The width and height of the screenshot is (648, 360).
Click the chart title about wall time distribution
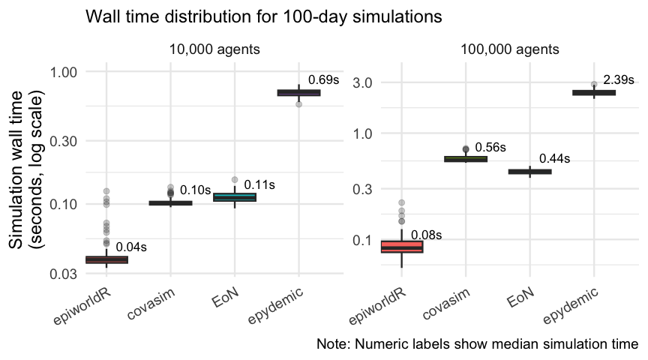coord(264,17)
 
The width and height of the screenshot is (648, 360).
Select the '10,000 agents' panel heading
coord(214,49)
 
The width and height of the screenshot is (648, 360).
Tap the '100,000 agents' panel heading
coord(509,49)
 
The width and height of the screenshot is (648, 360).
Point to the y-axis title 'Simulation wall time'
coord(16,170)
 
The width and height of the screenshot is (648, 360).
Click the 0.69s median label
coord(323,79)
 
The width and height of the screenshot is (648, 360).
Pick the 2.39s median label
coord(619,79)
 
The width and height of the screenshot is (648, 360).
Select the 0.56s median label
coord(490,147)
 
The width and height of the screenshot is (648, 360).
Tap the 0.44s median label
coord(554,158)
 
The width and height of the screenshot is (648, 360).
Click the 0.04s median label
coord(131,247)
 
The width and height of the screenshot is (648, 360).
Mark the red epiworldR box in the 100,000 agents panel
coord(402,246)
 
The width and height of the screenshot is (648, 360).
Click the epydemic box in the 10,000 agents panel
coord(298,92)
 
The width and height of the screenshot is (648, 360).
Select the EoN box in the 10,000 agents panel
coord(235,197)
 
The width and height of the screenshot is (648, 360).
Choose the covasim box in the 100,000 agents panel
coord(466,159)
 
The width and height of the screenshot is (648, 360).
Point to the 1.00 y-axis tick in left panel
coord(63,72)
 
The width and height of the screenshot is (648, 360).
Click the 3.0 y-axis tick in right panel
coord(362,82)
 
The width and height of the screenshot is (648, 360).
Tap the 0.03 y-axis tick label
coord(63,274)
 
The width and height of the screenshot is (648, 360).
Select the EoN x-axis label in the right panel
coord(520,298)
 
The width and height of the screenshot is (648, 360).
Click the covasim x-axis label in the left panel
coord(151,304)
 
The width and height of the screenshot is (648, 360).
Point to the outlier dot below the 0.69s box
coord(298,104)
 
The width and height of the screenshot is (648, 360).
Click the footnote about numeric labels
coord(477,344)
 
